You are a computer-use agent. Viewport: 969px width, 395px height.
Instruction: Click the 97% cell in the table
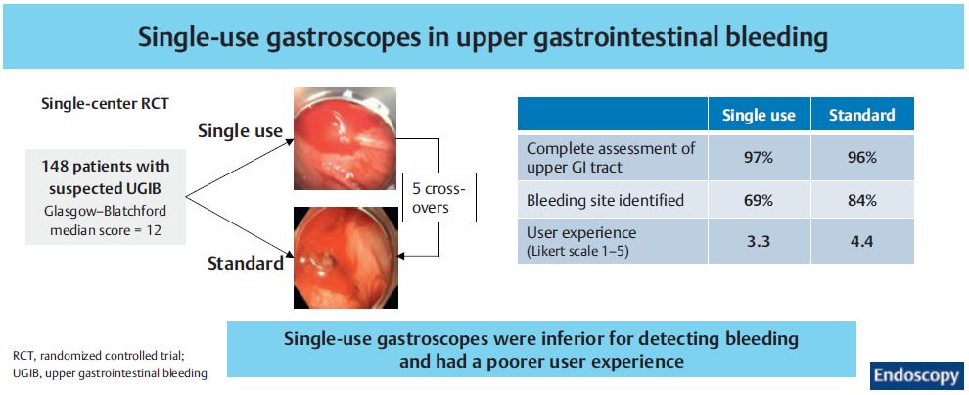[x=759, y=157]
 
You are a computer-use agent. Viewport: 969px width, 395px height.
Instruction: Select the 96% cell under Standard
[x=862, y=157]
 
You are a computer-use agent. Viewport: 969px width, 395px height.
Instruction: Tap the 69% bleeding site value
[x=759, y=200]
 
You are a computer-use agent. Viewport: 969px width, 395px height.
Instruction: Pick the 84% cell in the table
[x=862, y=200]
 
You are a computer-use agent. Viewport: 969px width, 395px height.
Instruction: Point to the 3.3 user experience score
[x=759, y=241]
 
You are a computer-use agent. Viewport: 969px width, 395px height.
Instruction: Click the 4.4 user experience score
[x=862, y=241]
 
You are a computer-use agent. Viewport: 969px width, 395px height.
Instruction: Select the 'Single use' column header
[x=759, y=115]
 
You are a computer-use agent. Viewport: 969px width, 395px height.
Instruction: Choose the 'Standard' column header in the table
[x=862, y=115]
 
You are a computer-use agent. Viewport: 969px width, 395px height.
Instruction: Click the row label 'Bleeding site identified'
[x=605, y=200]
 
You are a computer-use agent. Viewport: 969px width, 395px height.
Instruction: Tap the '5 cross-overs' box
[x=438, y=198]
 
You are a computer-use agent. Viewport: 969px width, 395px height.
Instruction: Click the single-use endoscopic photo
[x=345, y=138]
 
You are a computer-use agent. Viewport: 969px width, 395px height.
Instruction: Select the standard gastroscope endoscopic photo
[x=345, y=258]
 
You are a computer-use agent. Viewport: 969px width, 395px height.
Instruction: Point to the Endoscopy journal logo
[x=916, y=375]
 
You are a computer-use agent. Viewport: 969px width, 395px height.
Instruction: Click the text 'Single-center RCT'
[x=105, y=104]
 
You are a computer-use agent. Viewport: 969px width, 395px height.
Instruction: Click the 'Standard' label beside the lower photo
[x=246, y=263]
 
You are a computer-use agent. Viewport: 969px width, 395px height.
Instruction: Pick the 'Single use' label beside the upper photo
[x=240, y=131]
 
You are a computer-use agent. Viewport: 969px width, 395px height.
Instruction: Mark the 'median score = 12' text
[x=105, y=226]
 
